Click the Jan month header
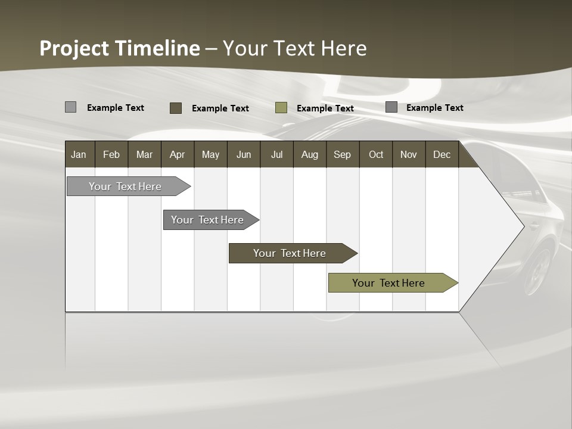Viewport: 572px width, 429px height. coord(79,154)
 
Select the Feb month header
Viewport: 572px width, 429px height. coord(111,154)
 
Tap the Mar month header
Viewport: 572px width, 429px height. coord(144,154)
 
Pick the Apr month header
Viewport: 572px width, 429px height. coord(177,154)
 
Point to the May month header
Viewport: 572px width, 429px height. coord(210,154)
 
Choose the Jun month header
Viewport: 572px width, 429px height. coord(244,154)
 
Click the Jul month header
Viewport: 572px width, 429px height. coord(276,154)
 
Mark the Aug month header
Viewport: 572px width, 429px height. coord(309,154)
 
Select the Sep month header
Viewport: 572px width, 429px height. coord(342,154)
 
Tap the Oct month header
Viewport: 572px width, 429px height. coord(376,154)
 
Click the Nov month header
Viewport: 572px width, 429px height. coord(409,154)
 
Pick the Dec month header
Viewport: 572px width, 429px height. coord(442,154)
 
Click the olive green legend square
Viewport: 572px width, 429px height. coord(281,108)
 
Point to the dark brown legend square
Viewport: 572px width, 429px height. coord(176,108)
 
